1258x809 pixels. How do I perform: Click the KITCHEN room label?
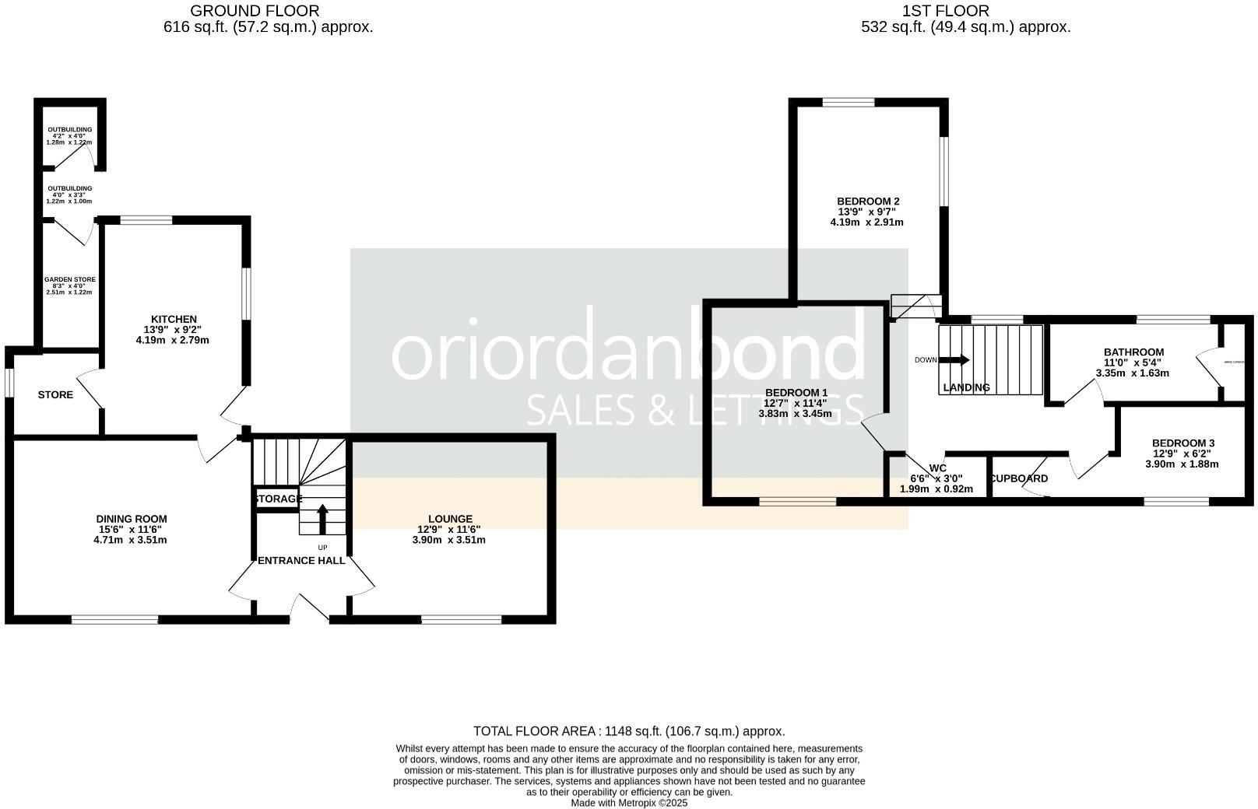[174, 319]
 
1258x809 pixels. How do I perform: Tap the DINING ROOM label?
[132, 519]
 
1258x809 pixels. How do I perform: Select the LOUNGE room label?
[450, 519]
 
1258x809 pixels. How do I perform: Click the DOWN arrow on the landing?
[954, 360]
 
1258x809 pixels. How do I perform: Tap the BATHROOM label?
[1133, 352]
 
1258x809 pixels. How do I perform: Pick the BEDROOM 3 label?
[1182, 443]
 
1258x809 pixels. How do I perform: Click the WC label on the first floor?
[937, 468]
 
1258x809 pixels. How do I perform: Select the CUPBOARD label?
[1019, 478]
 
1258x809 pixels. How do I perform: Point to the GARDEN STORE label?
[70, 279]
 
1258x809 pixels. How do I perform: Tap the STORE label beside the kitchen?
[55, 395]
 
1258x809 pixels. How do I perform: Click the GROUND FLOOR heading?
[255, 11]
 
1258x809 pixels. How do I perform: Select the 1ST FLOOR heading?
[945, 11]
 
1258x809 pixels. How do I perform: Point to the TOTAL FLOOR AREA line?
[629, 731]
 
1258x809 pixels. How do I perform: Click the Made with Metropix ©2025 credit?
[629, 803]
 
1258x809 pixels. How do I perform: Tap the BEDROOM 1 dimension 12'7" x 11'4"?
[795, 403]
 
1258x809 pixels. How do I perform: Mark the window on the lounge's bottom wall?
[461, 620]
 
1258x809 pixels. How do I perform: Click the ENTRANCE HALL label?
[301, 560]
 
